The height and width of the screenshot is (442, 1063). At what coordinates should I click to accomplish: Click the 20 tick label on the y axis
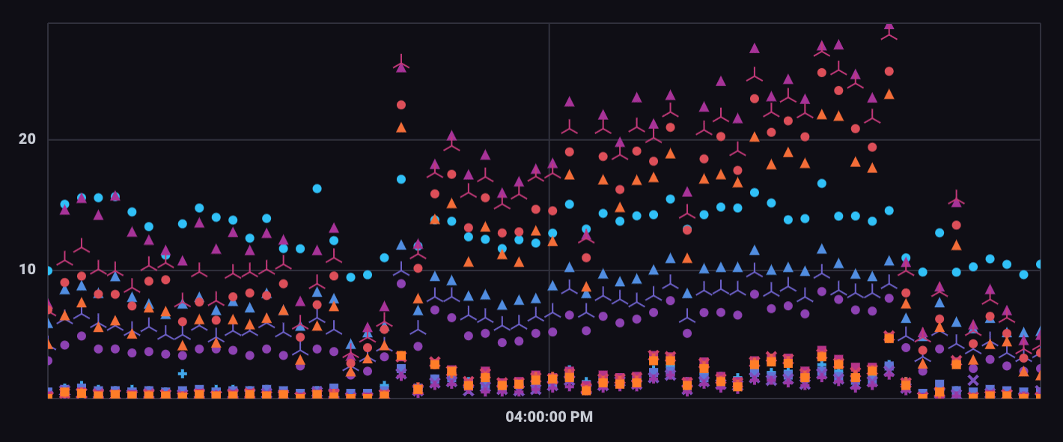point(26,139)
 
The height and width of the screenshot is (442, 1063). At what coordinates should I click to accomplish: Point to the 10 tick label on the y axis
point(26,269)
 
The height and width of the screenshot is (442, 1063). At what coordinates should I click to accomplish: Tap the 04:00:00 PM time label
point(549,417)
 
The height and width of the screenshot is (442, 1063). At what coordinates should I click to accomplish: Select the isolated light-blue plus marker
point(182,373)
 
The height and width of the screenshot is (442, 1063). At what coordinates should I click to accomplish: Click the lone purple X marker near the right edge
point(972,380)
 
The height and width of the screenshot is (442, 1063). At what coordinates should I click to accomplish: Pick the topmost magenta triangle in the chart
point(889,25)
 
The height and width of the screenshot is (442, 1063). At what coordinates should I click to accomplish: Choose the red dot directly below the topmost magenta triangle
point(889,71)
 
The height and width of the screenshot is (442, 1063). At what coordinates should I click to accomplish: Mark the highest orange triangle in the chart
point(889,94)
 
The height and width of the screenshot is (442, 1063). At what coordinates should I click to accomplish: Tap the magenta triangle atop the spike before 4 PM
point(401,67)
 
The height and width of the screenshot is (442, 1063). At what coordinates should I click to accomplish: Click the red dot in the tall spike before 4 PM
point(401,105)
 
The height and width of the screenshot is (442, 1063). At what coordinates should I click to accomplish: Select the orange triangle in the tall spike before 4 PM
point(401,127)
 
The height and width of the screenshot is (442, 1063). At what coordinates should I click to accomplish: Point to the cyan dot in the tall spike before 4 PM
point(401,179)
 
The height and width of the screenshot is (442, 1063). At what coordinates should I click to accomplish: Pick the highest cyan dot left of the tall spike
point(317,189)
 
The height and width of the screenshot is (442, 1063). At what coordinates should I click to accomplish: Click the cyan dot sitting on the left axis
point(49,270)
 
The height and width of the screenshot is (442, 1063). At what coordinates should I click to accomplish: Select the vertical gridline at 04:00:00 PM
point(549,225)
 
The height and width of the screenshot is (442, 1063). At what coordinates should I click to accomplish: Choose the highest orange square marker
point(889,338)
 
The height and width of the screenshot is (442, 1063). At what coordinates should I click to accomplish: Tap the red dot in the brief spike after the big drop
point(956,225)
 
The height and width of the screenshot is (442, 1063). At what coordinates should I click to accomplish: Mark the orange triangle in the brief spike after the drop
point(956,245)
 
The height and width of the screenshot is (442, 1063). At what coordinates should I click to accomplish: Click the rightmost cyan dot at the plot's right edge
point(1039,264)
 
